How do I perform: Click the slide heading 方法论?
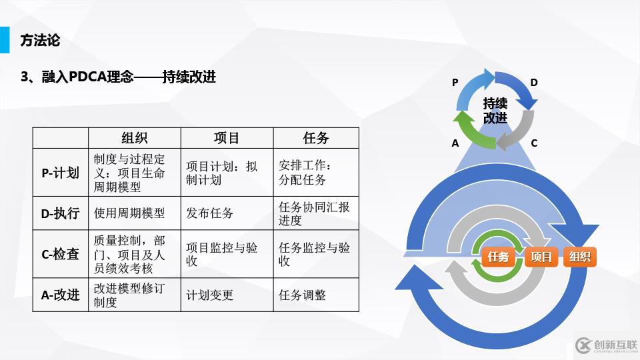(x=40, y=41)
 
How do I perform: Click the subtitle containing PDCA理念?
(x=118, y=77)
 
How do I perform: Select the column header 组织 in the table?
(x=134, y=138)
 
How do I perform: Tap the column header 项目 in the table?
(x=226, y=138)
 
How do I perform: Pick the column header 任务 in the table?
(x=315, y=138)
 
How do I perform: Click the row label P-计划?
(x=60, y=173)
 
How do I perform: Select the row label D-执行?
(x=60, y=213)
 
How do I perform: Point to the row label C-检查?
(x=60, y=254)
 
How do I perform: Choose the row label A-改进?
(x=60, y=295)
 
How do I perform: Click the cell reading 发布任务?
(x=210, y=213)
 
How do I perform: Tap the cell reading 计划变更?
(x=210, y=295)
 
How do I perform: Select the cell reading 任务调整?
(x=302, y=295)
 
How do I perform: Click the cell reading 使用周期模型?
(x=129, y=213)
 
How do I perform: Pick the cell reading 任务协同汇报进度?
(x=313, y=213)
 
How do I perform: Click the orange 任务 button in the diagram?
(x=499, y=257)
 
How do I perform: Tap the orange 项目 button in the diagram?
(x=541, y=257)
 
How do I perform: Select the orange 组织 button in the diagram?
(x=579, y=257)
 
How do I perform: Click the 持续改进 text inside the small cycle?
(x=495, y=111)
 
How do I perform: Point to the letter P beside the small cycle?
(x=455, y=83)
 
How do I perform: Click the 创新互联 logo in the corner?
(x=603, y=345)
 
